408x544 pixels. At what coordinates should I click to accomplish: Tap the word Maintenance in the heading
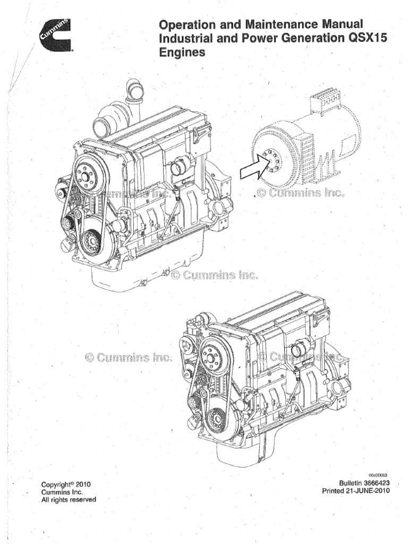click(276, 24)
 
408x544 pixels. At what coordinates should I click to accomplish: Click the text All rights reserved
click(69, 499)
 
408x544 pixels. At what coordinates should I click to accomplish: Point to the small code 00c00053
click(378, 474)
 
